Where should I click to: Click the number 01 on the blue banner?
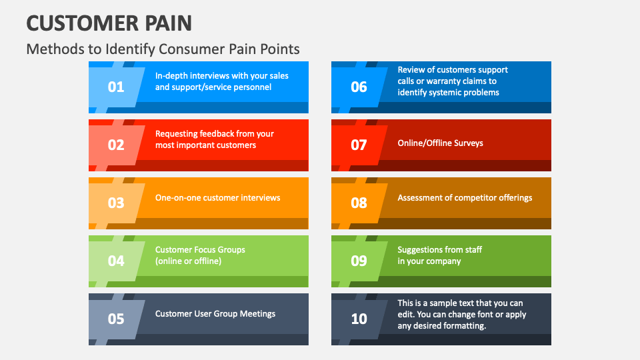click(x=116, y=87)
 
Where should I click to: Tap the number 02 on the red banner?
click(x=116, y=145)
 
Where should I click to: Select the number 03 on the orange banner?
click(x=116, y=203)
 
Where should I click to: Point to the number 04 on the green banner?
click(x=116, y=261)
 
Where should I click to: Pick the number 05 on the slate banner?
click(x=116, y=319)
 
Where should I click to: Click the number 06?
click(x=359, y=87)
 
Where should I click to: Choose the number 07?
click(x=359, y=145)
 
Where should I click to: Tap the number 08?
click(x=359, y=203)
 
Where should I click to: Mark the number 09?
click(x=359, y=261)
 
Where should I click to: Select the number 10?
click(x=359, y=319)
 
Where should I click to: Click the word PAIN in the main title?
click(x=167, y=23)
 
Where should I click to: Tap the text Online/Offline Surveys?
click(x=440, y=143)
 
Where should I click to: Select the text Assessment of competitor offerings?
click(x=465, y=197)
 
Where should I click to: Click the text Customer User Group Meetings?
click(x=215, y=313)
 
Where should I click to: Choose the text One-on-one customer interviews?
click(x=217, y=197)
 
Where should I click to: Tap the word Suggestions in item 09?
click(x=421, y=249)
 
